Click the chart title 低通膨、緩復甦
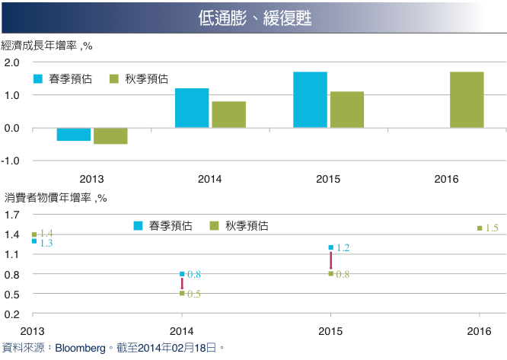tap(255, 18)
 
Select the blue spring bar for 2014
tap(192, 108)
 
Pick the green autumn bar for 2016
tap(467, 100)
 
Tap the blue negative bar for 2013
tap(74, 134)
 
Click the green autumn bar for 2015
tap(347, 110)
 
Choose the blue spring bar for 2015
tap(311, 100)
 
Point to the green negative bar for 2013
tap(110, 135)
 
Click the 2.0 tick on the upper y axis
tap(11, 62)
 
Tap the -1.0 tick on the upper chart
tap(11, 161)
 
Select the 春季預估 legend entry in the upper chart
tap(62, 79)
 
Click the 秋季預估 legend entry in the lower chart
tap(239, 225)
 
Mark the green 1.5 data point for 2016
tap(480, 228)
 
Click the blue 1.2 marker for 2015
tap(331, 247)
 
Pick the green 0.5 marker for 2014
tap(182, 294)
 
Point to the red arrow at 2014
tap(182, 283)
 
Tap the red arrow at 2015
tap(331, 260)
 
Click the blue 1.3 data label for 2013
tap(46, 243)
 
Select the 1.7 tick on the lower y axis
tap(11, 215)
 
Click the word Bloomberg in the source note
tap(80, 348)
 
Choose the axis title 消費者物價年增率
tap(48, 197)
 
